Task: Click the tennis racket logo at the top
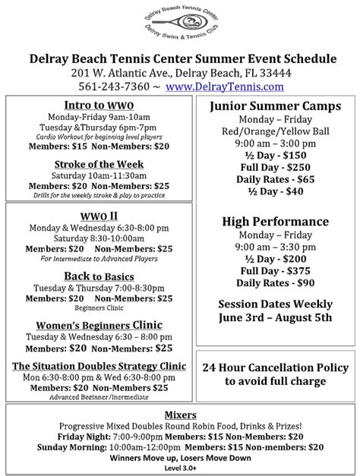tap(179, 26)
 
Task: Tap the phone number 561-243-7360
tap(122, 87)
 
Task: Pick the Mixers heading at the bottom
tap(180, 415)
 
